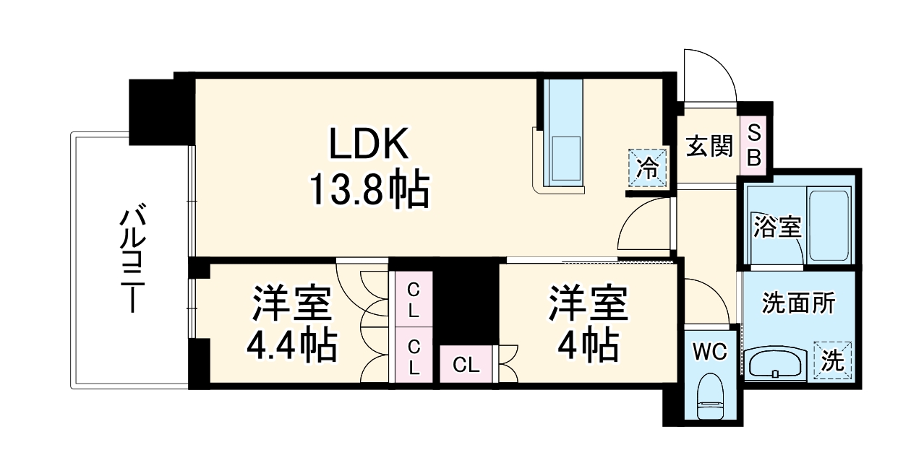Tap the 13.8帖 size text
click(x=369, y=189)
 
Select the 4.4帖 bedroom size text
click(x=293, y=346)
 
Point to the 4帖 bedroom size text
click(x=586, y=346)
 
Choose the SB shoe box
click(x=753, y=146)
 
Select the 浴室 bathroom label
click(x=777, y=227)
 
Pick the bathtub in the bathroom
click(x=829, y=225)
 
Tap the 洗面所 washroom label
click(x=798, y=303)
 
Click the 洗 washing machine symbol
click(x=834, y=360)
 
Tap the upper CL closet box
click(x=414, y=300)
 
